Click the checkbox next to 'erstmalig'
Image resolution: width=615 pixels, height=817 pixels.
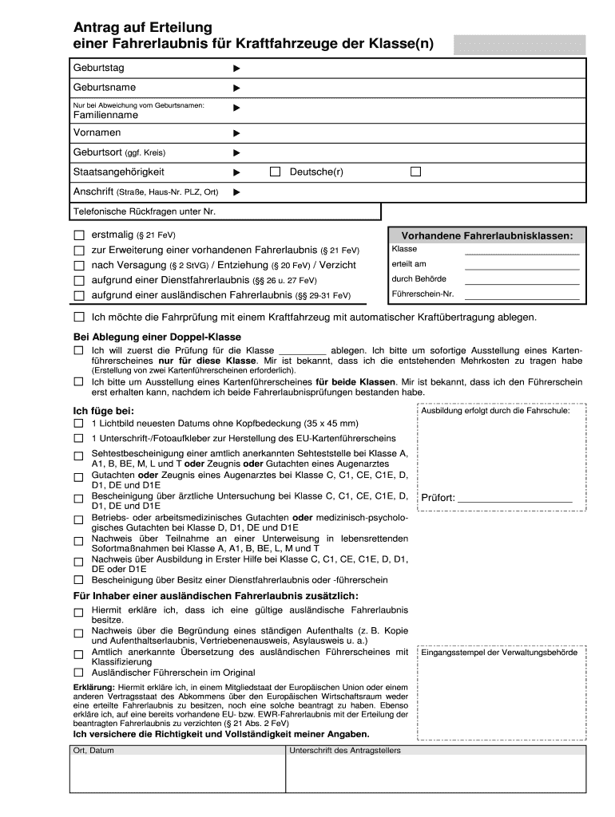coord(78,235)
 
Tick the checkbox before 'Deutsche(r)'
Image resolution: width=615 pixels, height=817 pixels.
coord(276,172)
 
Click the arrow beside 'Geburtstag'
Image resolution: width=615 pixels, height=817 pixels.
coord(236,69)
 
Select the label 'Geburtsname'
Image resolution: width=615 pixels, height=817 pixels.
coord(105,87)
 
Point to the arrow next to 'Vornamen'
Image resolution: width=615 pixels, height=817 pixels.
coord(236,132)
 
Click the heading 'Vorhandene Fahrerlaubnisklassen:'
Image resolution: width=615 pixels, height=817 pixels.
coord(486,236)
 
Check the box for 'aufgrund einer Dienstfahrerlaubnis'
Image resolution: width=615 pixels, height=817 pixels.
coord(78,280)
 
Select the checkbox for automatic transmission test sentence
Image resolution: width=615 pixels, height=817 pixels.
coord(78,317)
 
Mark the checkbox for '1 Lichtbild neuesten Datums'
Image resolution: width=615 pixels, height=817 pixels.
coord(78,423)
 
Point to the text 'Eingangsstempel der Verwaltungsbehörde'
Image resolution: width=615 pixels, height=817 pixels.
coord(499,653)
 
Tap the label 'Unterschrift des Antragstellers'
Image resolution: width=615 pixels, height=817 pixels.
coord(345,752)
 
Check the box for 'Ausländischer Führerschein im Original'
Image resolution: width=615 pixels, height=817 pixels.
coord(78,672)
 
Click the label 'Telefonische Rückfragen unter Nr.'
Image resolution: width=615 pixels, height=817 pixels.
coord(145,211)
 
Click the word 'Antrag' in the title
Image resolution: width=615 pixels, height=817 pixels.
coord(97,28)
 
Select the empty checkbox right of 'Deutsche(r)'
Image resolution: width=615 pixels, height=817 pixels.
coord(415,172)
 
